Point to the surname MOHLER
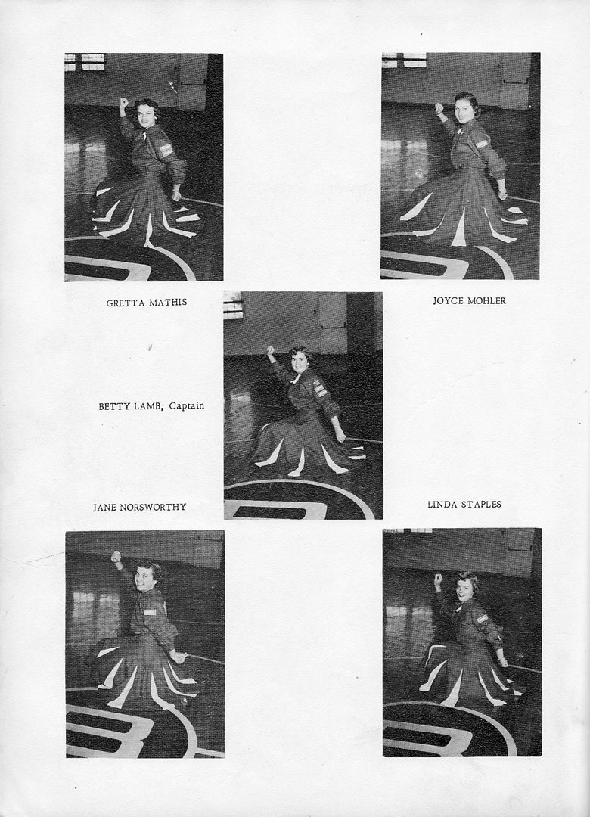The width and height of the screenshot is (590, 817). (x=487, y=300)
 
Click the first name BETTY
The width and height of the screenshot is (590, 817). (x=113, y=406)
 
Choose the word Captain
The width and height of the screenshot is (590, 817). (x=187, y=406)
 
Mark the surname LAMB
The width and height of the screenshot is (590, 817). (x=146, y=406)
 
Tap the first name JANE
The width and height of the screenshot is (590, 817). (x=104, y=507)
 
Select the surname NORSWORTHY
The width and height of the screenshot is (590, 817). (x=154, y=507)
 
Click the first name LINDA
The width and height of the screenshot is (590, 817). (x=441, y=505)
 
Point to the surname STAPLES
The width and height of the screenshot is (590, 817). (x=480, y=505)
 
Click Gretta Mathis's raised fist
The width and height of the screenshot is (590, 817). (x=123, y=101)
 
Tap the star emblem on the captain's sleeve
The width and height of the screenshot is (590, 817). (x=317, y=384)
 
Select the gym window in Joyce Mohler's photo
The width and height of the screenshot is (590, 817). (x=404, y=60)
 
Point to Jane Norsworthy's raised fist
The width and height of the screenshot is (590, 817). (x=115, y=556)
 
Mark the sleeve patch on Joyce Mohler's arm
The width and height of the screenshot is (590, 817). (x=482, y=143)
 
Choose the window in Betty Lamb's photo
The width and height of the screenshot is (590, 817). (x=233, y=306)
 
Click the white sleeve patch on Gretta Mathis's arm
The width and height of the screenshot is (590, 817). (x=166, y=150)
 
